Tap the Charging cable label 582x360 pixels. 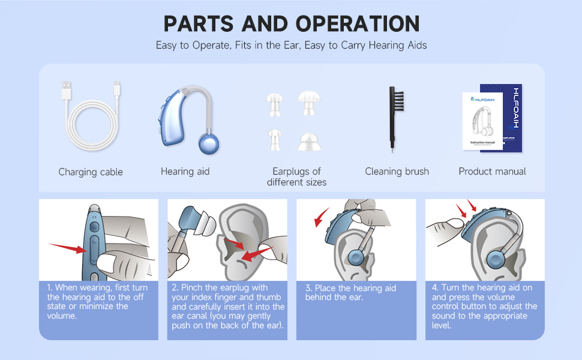click(x=91, y=172)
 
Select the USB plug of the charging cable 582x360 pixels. click(x=65, y=90)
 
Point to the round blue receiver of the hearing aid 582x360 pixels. click(x=208, y=144)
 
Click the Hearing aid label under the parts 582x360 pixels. click(x=185, y=172)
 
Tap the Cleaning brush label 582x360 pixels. click(x=397, y=172)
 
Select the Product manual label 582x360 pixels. click(x=492, y=172)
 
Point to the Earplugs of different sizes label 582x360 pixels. click(x=296, y=176)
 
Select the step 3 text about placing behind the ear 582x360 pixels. click(x=350, y=293)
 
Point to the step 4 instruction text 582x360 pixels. click(x=484, y=306)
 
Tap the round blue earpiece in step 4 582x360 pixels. click(x=495, y=260)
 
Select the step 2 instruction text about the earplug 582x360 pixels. click(x=228, y=306)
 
